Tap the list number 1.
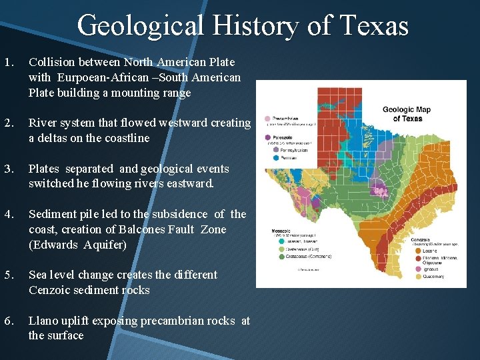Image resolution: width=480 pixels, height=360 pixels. (8, 63)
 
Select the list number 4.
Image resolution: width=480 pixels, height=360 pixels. (8, 215)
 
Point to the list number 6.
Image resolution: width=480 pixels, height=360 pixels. (8, 321)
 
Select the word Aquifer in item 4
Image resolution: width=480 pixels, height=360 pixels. (106, 245)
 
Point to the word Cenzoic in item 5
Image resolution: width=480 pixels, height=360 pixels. (50, 291)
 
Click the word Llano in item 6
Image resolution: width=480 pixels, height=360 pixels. (43, 321)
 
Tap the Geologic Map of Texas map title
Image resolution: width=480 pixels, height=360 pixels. (407, 113)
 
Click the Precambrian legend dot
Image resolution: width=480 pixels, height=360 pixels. (267, 119)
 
